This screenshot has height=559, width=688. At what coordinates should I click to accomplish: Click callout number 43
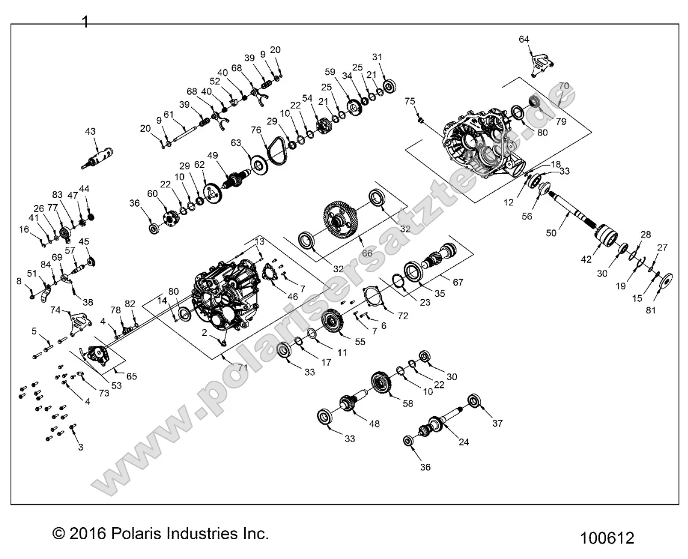click(x=90, y=131)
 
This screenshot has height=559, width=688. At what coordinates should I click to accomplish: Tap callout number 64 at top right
click(x=524, y=40)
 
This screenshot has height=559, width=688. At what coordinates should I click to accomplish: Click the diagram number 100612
click(x=607, y=537)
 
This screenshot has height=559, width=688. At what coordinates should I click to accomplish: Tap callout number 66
click(x=367, y=254)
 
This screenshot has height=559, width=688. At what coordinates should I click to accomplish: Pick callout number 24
click(x=464, y=442)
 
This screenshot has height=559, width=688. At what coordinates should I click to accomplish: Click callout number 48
click(x=375, y=425)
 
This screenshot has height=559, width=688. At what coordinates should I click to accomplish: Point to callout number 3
click(x=80, y=448)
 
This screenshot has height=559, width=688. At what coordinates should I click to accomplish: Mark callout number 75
click(x=410, y=101)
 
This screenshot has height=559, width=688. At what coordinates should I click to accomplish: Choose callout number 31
click(x=377, y=57)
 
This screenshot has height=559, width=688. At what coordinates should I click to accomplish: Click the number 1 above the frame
click(x=85, y=22)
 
